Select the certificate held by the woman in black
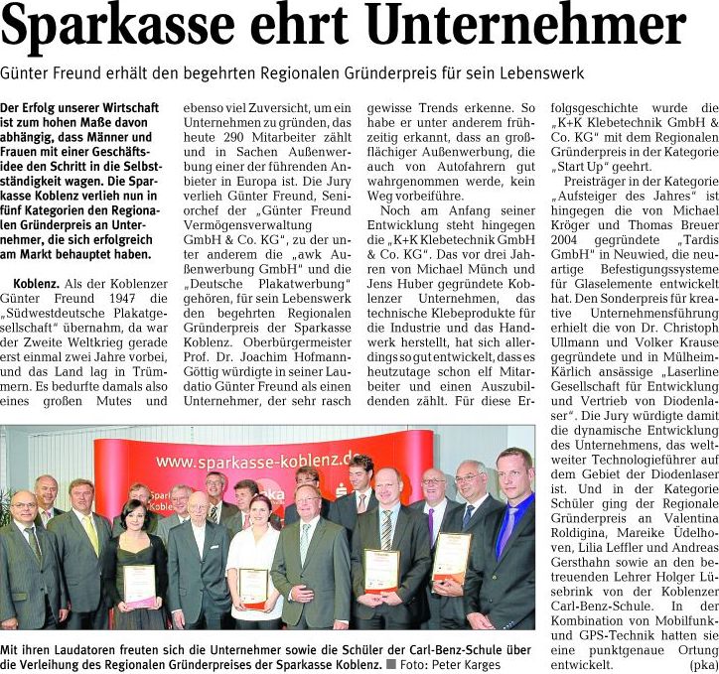tap(140, 586)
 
